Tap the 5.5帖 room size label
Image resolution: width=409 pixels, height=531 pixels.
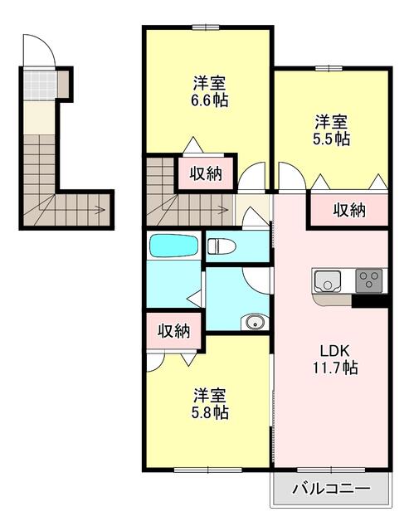click(331, 139)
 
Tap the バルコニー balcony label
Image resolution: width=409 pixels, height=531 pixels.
click(331, 489)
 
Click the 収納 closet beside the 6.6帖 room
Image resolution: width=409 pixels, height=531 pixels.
click(205, 173)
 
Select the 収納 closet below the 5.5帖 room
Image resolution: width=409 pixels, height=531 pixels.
click(349, 211)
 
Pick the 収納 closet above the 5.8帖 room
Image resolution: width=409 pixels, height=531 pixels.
click(174, 331)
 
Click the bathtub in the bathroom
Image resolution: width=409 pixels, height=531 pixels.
click(173, 246)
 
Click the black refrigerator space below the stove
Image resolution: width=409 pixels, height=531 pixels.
click(370, 301)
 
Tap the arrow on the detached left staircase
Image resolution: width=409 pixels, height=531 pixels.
click(98, 210)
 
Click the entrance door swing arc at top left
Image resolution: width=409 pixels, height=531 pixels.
click(37, 50)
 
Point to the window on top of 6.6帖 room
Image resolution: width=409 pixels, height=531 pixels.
click(207, 28)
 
